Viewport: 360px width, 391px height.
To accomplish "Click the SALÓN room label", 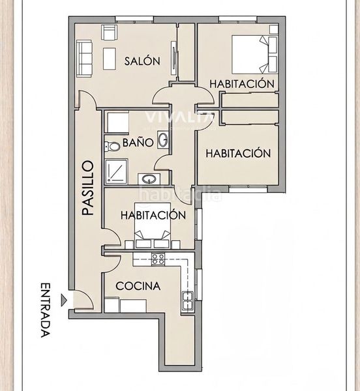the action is pos(142,61).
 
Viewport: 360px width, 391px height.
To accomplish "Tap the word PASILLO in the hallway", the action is pos(88,188).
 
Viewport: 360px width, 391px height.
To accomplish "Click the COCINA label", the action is pos(138,286).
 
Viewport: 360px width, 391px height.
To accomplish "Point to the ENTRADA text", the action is pos(46,310).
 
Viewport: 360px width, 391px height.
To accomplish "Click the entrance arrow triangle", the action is pos(64,300).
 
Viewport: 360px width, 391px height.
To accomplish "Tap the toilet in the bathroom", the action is pos(112,147).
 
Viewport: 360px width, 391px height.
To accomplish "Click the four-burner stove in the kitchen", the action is pos(158,259).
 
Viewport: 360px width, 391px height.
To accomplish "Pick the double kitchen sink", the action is pos(188,300).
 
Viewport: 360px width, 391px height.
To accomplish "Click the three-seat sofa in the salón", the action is pos(84,59).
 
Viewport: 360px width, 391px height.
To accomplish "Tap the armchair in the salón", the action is pos(110,32).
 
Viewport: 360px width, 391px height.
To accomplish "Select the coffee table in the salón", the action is pos(110,59).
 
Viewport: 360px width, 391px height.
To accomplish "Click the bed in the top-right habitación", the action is pos(254,55).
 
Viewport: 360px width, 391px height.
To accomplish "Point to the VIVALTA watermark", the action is pos(179,117).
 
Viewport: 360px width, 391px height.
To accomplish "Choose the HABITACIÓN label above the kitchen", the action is pos(153,215).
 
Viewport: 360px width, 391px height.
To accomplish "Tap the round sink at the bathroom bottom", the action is pos(149,179).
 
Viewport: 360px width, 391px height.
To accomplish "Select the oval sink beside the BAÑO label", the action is pos(163,140).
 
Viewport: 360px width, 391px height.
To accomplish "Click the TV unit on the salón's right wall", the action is pos(174,58).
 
